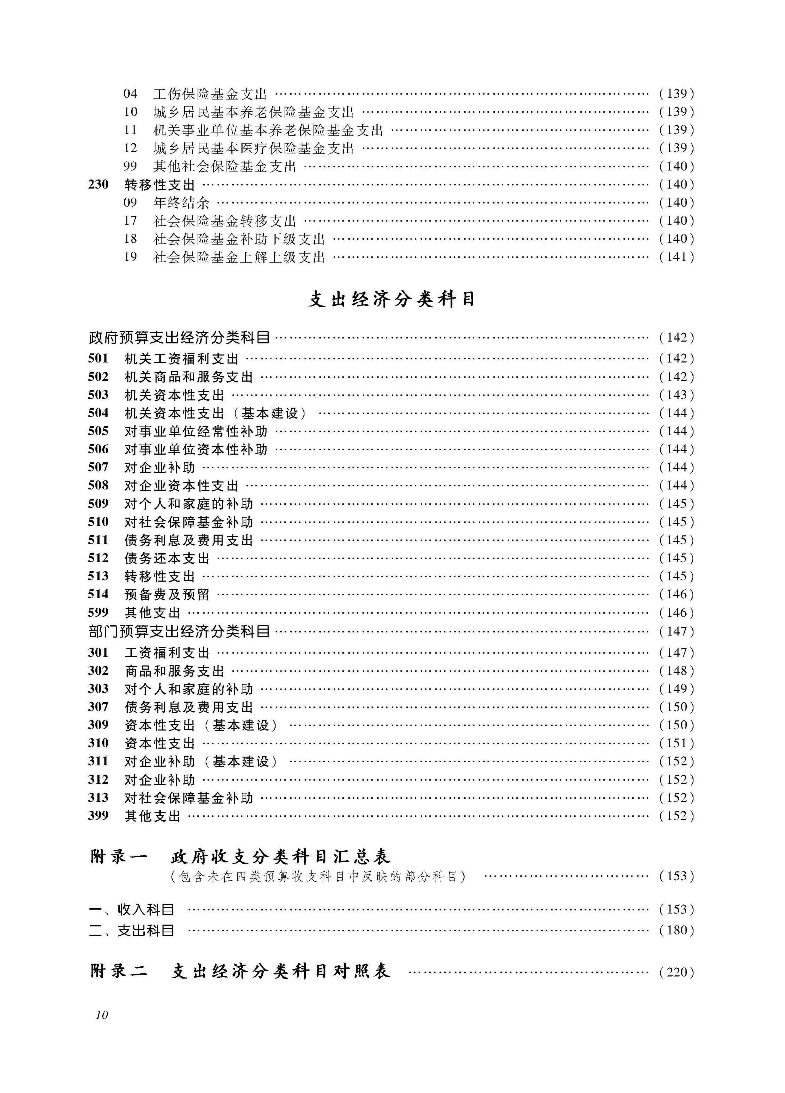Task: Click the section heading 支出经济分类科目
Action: (391, 300)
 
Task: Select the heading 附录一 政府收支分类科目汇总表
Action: (240, 857)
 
